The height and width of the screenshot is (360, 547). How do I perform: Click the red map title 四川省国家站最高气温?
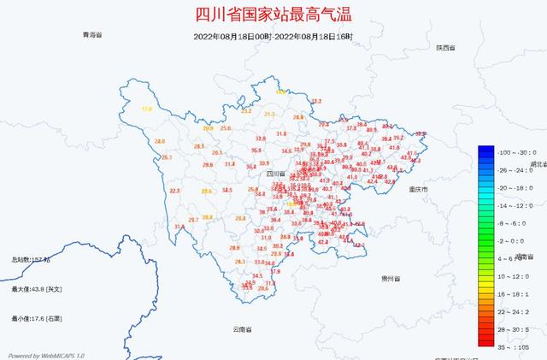click(273, 15)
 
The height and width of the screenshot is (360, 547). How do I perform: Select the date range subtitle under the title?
click(273, 36)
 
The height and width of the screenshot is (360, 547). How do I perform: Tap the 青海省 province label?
click(92, 35)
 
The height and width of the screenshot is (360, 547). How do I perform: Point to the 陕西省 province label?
click(444, 48)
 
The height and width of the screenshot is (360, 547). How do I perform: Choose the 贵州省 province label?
click(394, 279)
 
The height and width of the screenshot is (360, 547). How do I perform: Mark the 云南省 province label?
click(243, 328)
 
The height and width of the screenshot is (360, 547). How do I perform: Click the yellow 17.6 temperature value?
click(146, 109)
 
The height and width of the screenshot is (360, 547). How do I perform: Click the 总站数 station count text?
click(31, 259)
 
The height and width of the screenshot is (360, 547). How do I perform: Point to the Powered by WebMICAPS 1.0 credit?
click(47, 355)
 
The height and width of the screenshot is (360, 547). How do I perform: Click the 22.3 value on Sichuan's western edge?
click(175, 191)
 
